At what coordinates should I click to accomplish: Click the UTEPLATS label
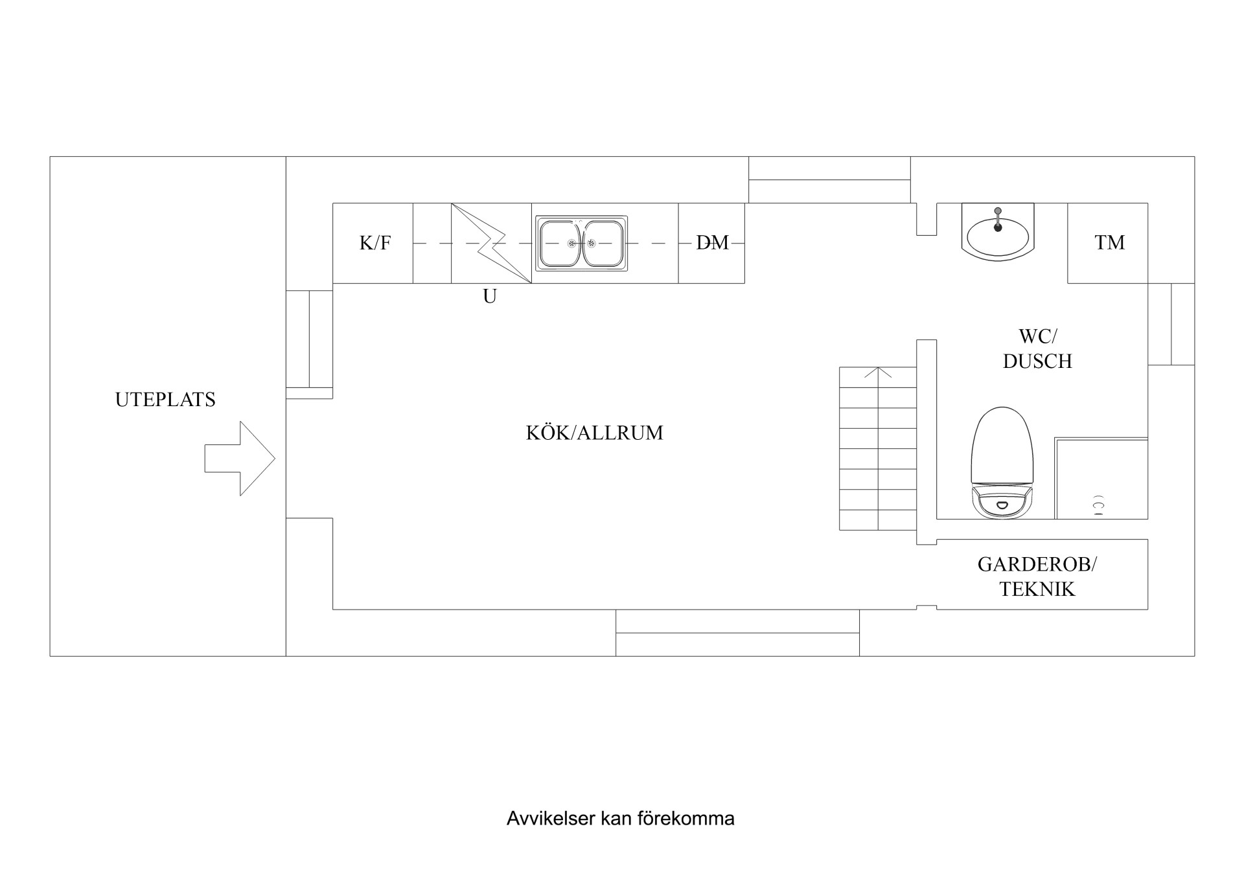click(x=165, y=400)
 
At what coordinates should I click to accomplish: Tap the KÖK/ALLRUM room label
click(x=594, y=433)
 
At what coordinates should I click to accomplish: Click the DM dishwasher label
click(x=712, y=243)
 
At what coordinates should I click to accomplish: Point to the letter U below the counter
click(x=490, y=297)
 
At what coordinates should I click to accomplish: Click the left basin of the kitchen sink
click(x=561, y=243)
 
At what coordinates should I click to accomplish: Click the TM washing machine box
click(x=1109, y=243)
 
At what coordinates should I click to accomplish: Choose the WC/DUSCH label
click(x=1037, y=348)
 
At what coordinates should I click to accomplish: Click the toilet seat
click(x=1002, y=444)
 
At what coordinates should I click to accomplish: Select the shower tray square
click(x=1101, y=479)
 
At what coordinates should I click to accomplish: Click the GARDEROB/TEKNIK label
click(x=1037, y=576)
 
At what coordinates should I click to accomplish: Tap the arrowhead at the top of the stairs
click(x=878, y=372)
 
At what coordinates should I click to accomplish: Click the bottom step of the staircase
click(x=878, y=520)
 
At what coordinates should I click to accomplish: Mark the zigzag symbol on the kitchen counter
click(x=491, y=243)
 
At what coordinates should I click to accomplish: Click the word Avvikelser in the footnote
click(x=551, y=819)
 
